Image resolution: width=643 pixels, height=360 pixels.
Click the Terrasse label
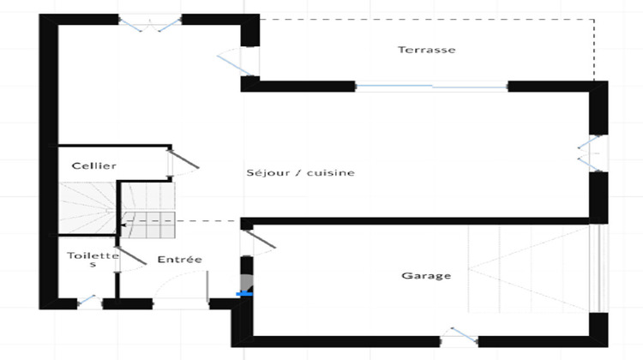[x=426, y=50]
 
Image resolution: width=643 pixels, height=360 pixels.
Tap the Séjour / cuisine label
[x=300, y=173]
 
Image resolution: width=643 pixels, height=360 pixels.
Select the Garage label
[x=426, y=276]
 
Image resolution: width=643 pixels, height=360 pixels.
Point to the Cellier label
[x=94, y=165]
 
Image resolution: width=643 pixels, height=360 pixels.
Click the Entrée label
[x=180, y=259]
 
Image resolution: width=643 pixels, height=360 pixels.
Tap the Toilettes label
[x=93, y=259]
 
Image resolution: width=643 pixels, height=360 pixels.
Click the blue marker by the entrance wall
[x=247, y=294]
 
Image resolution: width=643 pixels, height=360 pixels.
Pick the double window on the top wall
[x=150, y=23]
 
